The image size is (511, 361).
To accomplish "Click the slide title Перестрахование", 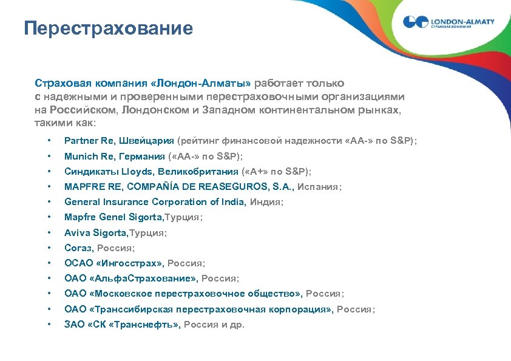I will click(109, 28).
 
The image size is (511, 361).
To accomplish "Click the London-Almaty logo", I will click(448, 22).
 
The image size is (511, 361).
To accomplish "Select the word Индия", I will click(267, 202).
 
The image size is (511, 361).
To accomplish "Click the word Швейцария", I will click(144, 141).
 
